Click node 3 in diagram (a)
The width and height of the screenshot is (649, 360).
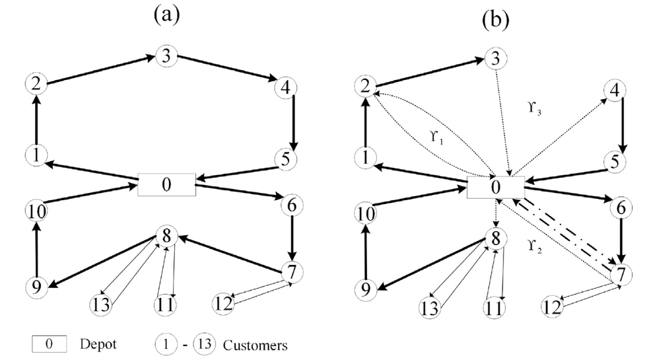[x=166, y=55]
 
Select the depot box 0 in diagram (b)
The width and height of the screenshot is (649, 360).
[x=495, y=187]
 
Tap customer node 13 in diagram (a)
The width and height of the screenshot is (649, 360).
[x=100, y=305]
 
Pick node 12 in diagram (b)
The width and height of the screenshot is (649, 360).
[x=553, y=307]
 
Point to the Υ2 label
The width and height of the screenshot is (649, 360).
[x=535, y=246]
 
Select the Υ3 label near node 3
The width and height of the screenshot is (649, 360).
[x=535, y=108]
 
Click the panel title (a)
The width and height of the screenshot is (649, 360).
[x=167, y=15]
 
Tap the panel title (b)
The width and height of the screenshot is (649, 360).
[x=495, y=19]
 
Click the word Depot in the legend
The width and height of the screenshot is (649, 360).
[x=98, y=344]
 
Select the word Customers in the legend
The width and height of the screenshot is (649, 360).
[x=255, y=345]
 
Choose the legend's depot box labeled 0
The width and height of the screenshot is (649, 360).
[x=50, y=344]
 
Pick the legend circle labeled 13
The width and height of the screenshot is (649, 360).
[x=205, y=344]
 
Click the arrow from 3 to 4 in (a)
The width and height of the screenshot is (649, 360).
[x=227, y=68]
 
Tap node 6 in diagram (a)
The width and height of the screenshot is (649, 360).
[x=292, y=205]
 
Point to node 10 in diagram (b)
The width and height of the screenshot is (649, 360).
[x=366, y=214]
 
